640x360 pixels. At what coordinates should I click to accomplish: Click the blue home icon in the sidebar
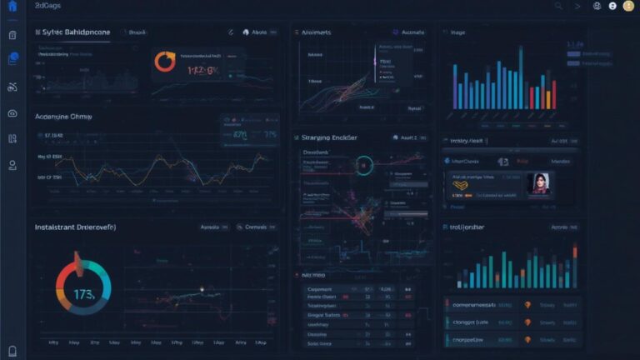coord(12,6)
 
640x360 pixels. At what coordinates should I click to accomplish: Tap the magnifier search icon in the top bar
coord(558,6)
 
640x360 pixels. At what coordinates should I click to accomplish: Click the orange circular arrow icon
coord(165,62)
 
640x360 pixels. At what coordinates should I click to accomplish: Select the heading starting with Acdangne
coord(62,117)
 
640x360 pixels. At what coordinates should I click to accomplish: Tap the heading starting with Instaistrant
coord(75,227)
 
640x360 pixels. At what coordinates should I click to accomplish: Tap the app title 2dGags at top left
coord(48,6)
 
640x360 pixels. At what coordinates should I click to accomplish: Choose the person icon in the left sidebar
coord(12,165)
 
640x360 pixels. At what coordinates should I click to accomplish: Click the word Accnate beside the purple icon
coord(413,32)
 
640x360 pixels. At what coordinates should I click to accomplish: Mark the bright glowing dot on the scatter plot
coord(202,289)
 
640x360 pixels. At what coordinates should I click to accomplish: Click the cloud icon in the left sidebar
coord(12,113)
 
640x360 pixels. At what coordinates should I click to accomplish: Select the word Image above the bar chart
coord(457,32)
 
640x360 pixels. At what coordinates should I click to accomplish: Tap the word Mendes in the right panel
coord(561,161)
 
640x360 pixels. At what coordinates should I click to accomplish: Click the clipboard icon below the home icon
coord(12,35)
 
